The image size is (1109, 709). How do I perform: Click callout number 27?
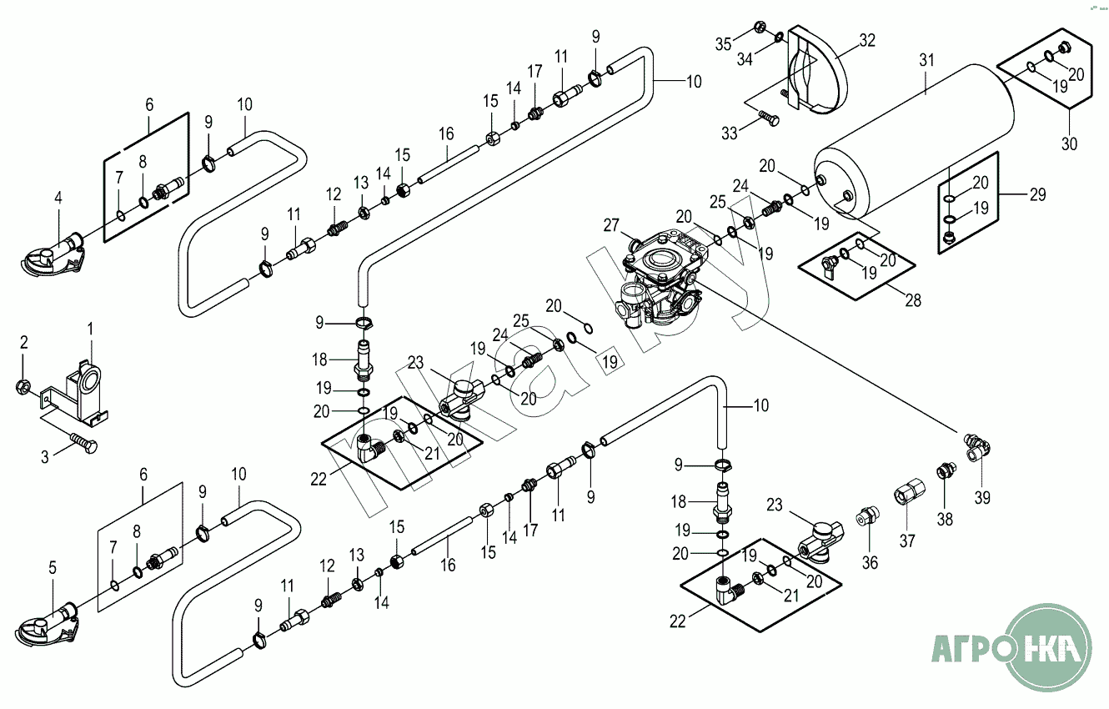pyautogui.click(x=612, y=225)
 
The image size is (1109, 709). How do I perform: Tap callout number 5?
pyautogui.click(x=53, y=567)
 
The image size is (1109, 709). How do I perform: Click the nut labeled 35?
pyautogui.click(x=760, y=27)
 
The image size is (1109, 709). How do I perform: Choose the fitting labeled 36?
pyautogui.click(x=866, y=517)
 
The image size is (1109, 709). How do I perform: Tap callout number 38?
pyautogui.click(x=944, y=519)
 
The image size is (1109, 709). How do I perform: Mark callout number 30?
pyautogui.click(x=1069, y=143)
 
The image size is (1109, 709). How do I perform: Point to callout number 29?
pyautogui.click(x=1036, y=195)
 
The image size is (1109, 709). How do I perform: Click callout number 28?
pyautogui.click(x=913, y=299)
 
